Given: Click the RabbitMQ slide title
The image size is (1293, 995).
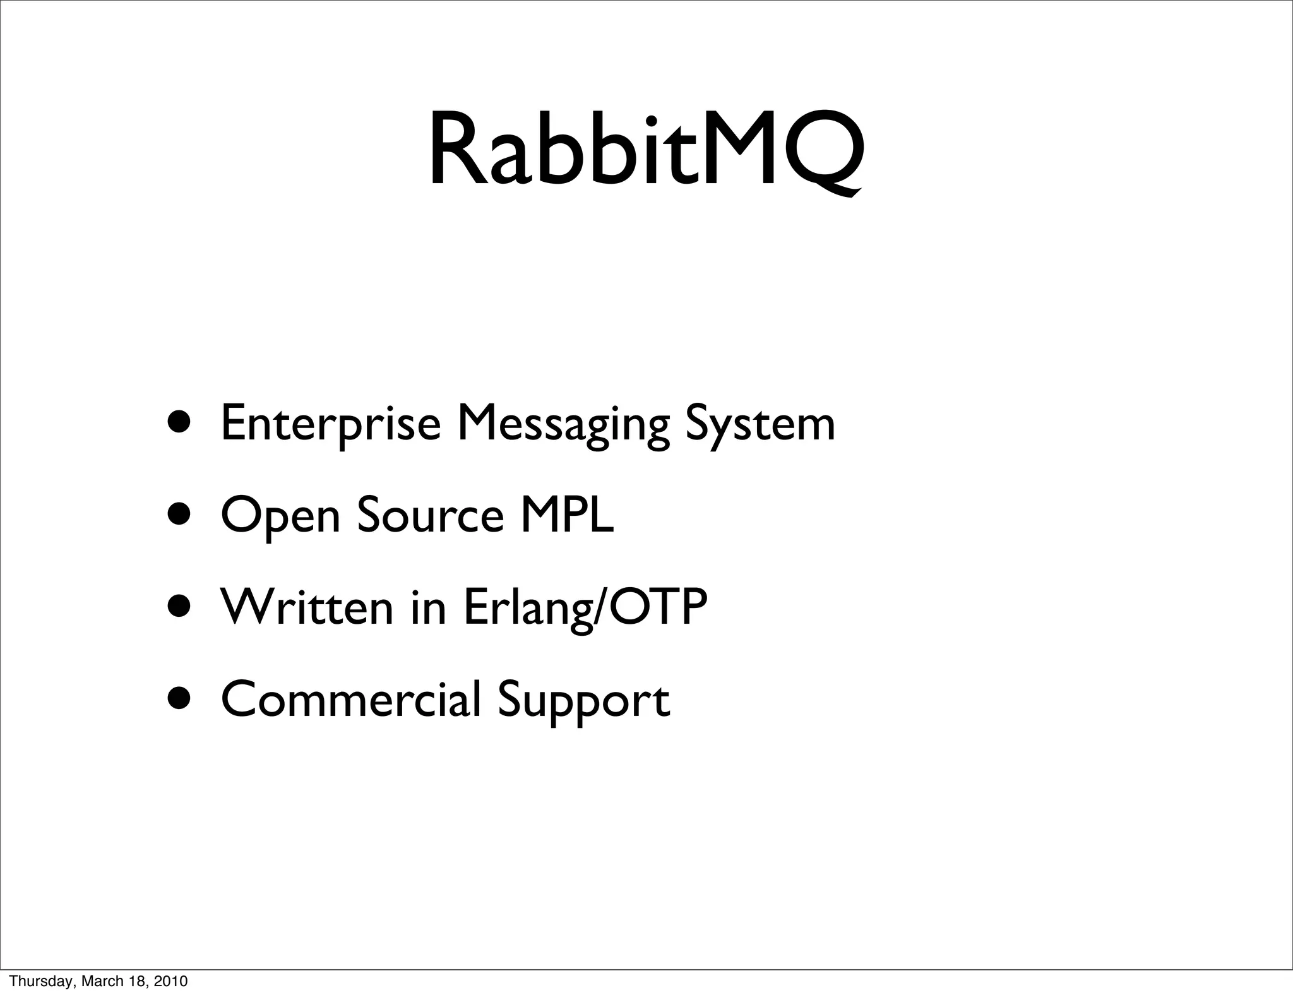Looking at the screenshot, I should tap(646, 152).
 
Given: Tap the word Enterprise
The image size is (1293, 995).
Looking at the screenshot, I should tap(330, 424).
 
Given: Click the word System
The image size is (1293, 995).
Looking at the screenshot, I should tap(760, 424).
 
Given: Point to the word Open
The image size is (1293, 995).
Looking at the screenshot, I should tap(280, 516).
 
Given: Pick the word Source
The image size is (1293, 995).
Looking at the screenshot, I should tap(431, 516).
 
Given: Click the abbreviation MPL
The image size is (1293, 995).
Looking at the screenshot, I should tap(566, 516).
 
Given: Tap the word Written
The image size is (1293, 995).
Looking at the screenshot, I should tap(306, 607).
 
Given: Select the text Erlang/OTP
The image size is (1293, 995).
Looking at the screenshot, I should tap(585, 607).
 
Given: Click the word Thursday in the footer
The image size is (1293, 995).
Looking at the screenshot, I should tap(33, 981).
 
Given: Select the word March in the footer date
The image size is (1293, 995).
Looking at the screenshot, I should tap(98, 981).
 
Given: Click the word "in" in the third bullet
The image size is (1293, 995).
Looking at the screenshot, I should tap(429, 607).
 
